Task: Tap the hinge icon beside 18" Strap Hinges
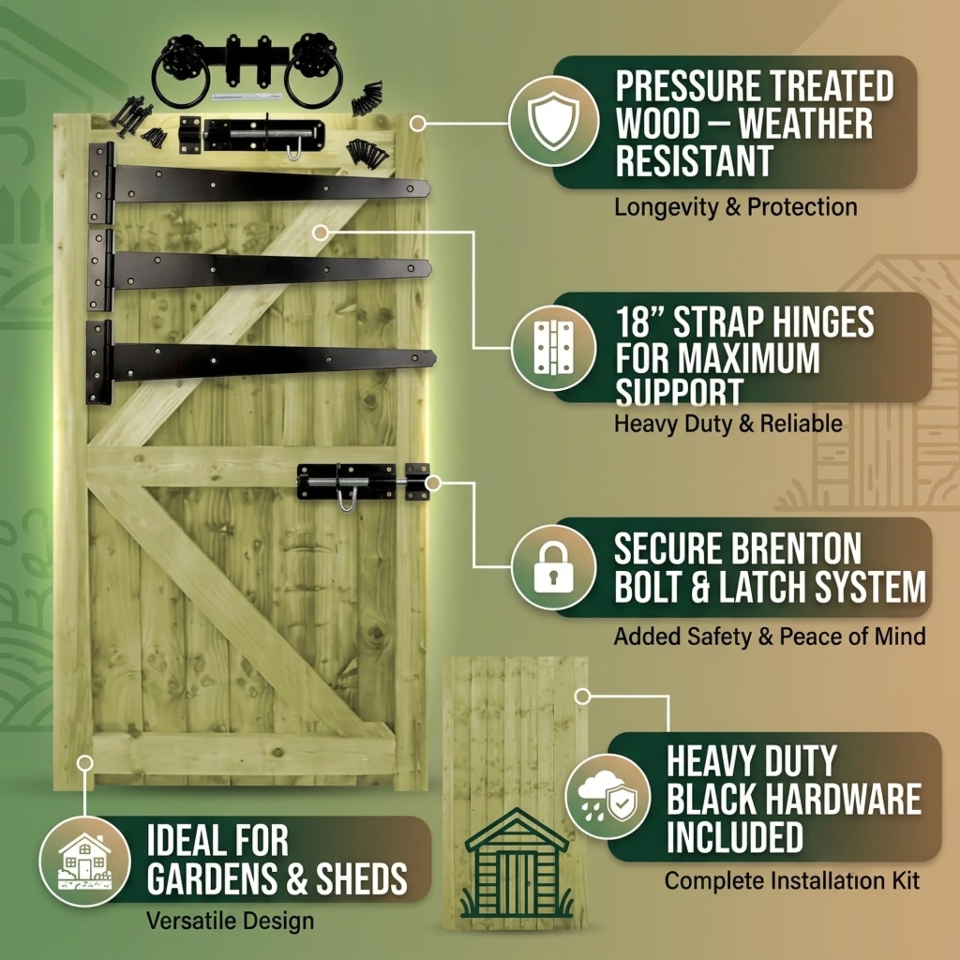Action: [x=553, y=348]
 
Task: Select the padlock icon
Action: [x=553, y=567]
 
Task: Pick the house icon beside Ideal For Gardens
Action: [x=84, y=862]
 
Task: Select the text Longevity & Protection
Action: [x=736, y=207]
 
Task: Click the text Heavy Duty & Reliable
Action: [x=729, y=424]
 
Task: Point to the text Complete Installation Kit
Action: [x=792, y=880]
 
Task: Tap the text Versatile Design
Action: [x=230, y=921]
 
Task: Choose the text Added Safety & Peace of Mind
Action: [x=770, y=636]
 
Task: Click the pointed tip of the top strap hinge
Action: [x=429, y=188]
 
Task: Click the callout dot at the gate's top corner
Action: [x=418, y=123]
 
